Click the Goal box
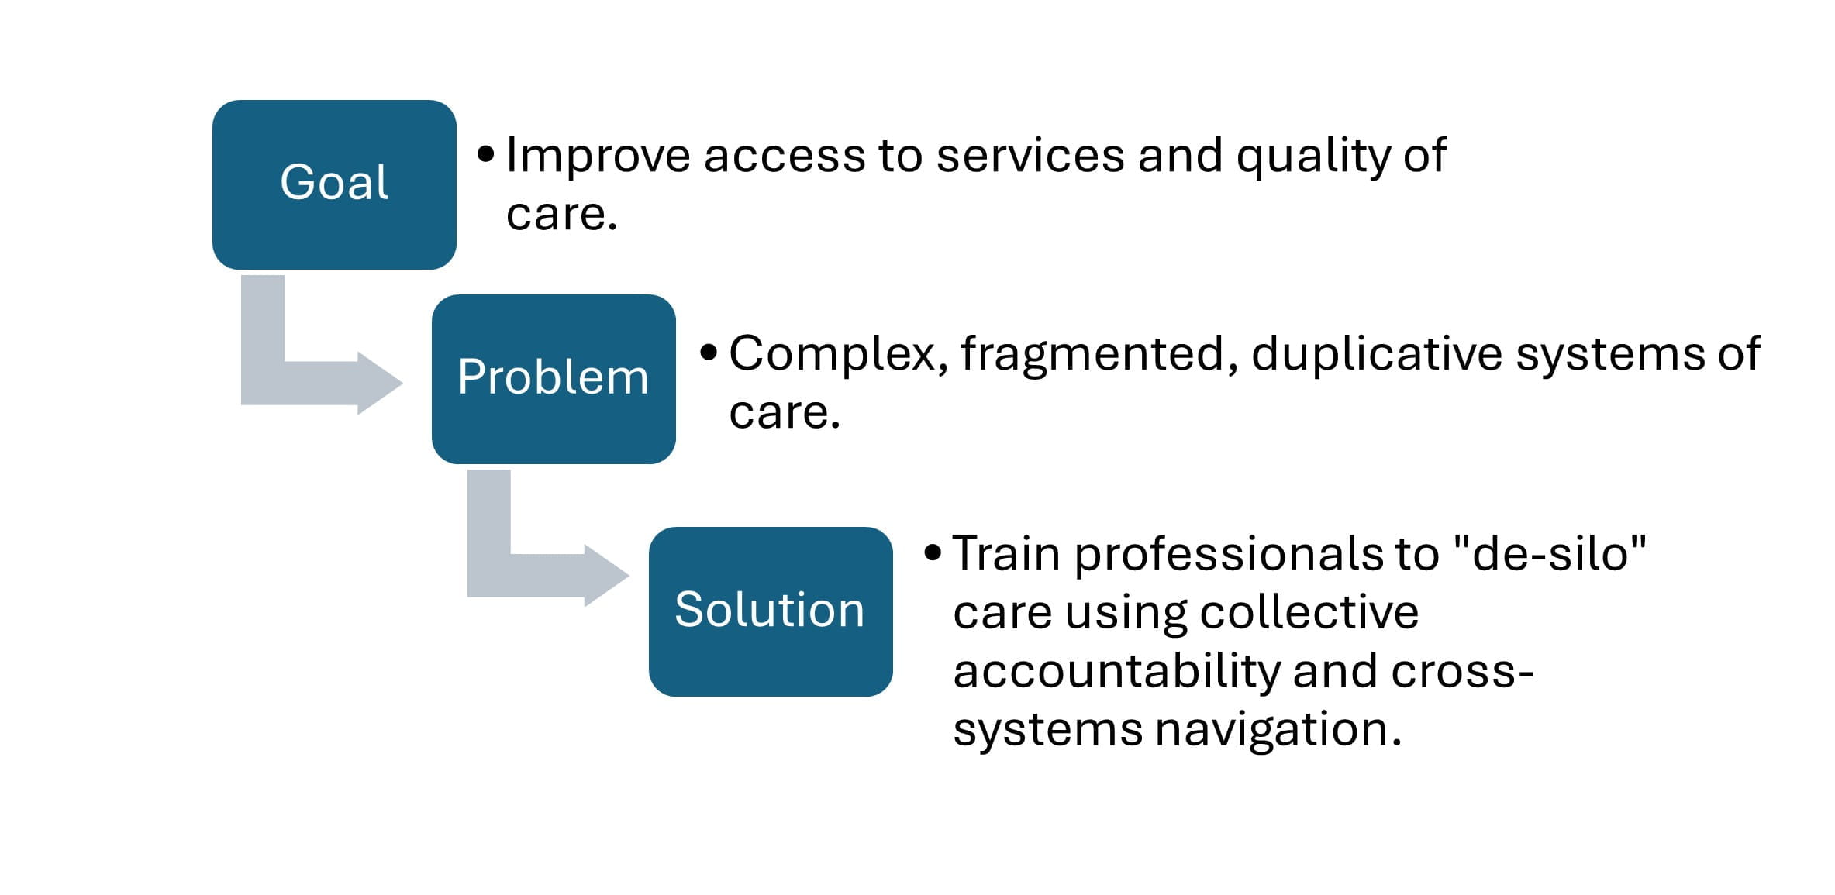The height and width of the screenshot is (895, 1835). (334, 184)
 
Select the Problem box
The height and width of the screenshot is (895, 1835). (554, 379)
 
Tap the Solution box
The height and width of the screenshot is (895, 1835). (771, 611)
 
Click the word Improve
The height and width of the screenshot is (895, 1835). (598, 156)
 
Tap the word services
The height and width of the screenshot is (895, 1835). (1030, 156)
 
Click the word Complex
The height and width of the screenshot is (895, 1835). (838, 355)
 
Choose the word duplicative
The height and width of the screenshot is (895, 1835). (1376, 355)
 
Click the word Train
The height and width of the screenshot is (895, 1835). (1006, 554)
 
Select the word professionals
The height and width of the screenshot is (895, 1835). (1229, 556)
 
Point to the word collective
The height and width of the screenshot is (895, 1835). (1309, 612)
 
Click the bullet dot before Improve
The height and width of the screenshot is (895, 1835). (486, 154)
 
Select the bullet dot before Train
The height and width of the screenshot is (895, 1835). (933, 553)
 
